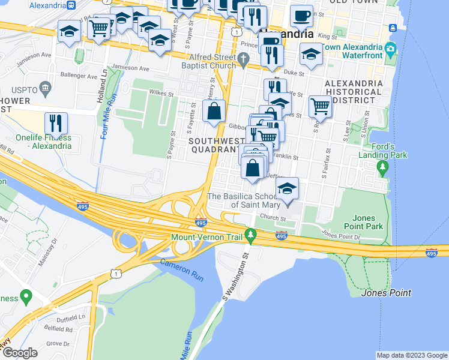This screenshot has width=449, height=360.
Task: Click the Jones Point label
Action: click(x=386, y=293)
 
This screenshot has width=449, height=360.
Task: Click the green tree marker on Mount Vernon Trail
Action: click(x=250, y=235)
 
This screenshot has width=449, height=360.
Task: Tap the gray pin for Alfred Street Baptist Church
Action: click(x=243, y=59)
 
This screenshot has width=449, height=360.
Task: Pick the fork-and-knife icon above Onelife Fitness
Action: click(x=56, y=123)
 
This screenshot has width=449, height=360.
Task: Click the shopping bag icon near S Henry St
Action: click(x=214, y=112)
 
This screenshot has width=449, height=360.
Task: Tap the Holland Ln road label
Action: click(x=105, y=79)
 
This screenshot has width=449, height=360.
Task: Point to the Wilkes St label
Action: click(x=161, y=94)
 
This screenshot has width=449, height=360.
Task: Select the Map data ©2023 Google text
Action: click(x=412, y=355)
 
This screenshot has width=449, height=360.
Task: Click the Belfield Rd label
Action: click(x=59, y=329)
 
